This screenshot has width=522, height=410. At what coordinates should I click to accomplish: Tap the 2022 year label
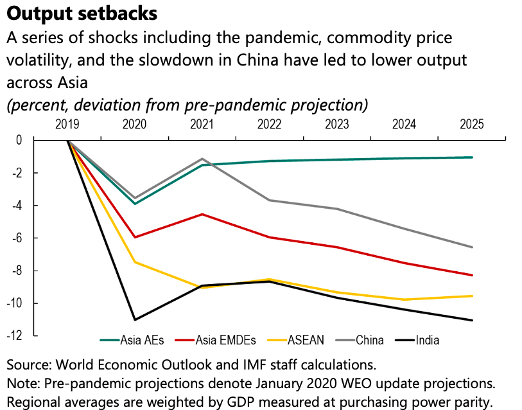(x=270, y=125)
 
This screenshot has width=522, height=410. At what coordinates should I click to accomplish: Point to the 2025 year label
(x=472, y=125)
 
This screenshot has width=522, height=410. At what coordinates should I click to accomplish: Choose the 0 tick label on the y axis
(x=19, y=140)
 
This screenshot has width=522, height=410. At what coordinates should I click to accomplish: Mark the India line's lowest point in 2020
(x=135, y=319)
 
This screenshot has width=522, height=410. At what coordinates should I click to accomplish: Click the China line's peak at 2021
(x=203, y=159)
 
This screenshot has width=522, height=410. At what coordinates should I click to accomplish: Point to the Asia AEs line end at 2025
(x=472, y=157)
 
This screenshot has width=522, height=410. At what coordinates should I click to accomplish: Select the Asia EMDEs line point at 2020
(x=135, y=237)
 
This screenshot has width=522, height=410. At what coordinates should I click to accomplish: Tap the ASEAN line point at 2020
(x=135, y=262)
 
